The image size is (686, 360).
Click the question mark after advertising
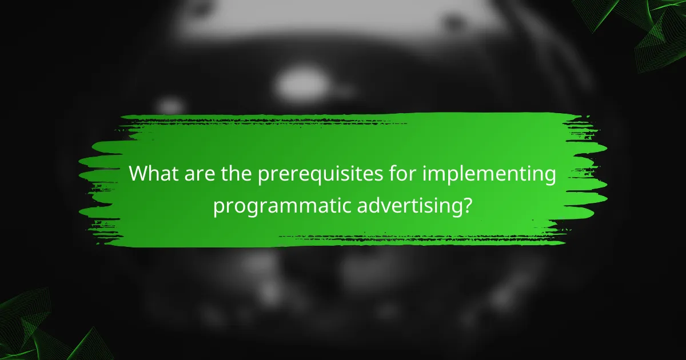click(468, 205)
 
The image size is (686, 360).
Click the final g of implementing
click(549, 177)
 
